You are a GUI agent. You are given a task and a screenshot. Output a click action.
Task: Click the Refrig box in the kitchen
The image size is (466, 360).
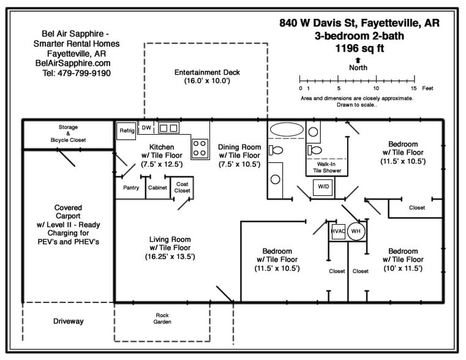[x=126, y=130]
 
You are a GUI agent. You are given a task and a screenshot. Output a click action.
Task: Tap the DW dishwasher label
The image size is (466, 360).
[x=146, y=128]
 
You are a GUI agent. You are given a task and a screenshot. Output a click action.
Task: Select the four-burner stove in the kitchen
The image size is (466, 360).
[x=200, y=148]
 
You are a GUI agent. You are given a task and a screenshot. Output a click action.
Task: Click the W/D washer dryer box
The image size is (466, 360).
[x=323, y=187]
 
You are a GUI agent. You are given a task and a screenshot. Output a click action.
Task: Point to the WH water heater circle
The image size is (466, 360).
[x=356, y=231]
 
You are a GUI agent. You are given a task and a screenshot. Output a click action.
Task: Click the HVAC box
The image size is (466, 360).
[x=337, y=231]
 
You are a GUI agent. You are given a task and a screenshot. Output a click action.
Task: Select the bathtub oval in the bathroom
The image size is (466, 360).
[x=285, y=130]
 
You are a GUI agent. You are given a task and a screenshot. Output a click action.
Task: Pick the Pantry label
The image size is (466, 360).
[x=131, y=188]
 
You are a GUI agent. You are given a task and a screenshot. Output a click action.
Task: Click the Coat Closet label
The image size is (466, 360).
[x=182, y=187]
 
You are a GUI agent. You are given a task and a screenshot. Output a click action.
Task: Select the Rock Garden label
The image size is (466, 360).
[x=162, y=318]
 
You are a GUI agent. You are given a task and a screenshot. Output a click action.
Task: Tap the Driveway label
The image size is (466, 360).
[x=68, y=321]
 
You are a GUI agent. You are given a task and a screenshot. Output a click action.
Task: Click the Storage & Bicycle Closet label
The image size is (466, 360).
[x=68, y=133]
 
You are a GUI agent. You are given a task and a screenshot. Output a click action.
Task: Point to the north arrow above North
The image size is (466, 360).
[x=358, y=60]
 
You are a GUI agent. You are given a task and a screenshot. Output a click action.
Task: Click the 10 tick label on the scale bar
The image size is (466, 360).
[x=375, y=88]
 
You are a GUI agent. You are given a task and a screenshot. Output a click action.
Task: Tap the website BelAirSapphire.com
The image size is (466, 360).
[x=73, y=63]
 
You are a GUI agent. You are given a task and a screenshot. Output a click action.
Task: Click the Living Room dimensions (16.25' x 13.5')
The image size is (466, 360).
[x=170, y=257]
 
